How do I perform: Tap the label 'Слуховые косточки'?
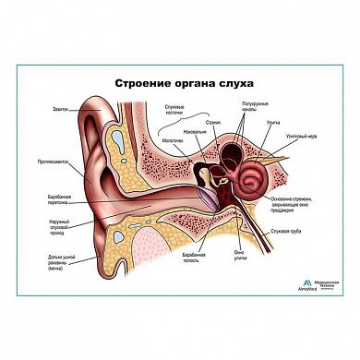click(172, 113)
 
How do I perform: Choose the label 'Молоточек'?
click(172, 140)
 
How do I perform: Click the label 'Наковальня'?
click(196, 130)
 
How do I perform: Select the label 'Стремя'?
click(213, 119)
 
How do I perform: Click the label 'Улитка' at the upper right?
click(274, 122)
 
